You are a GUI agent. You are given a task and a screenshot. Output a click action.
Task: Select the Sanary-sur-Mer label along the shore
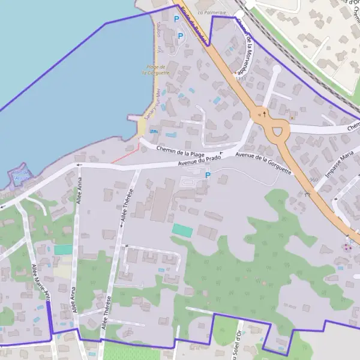coord(158,100)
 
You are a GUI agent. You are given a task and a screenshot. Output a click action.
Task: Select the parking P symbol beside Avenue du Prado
coord(208,175)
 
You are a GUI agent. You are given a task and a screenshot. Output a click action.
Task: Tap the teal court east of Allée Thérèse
coord(182,230)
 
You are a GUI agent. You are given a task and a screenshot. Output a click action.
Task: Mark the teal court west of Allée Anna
coord(63,250)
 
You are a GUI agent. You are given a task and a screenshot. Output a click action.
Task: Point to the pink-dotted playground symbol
coord(347,246)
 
